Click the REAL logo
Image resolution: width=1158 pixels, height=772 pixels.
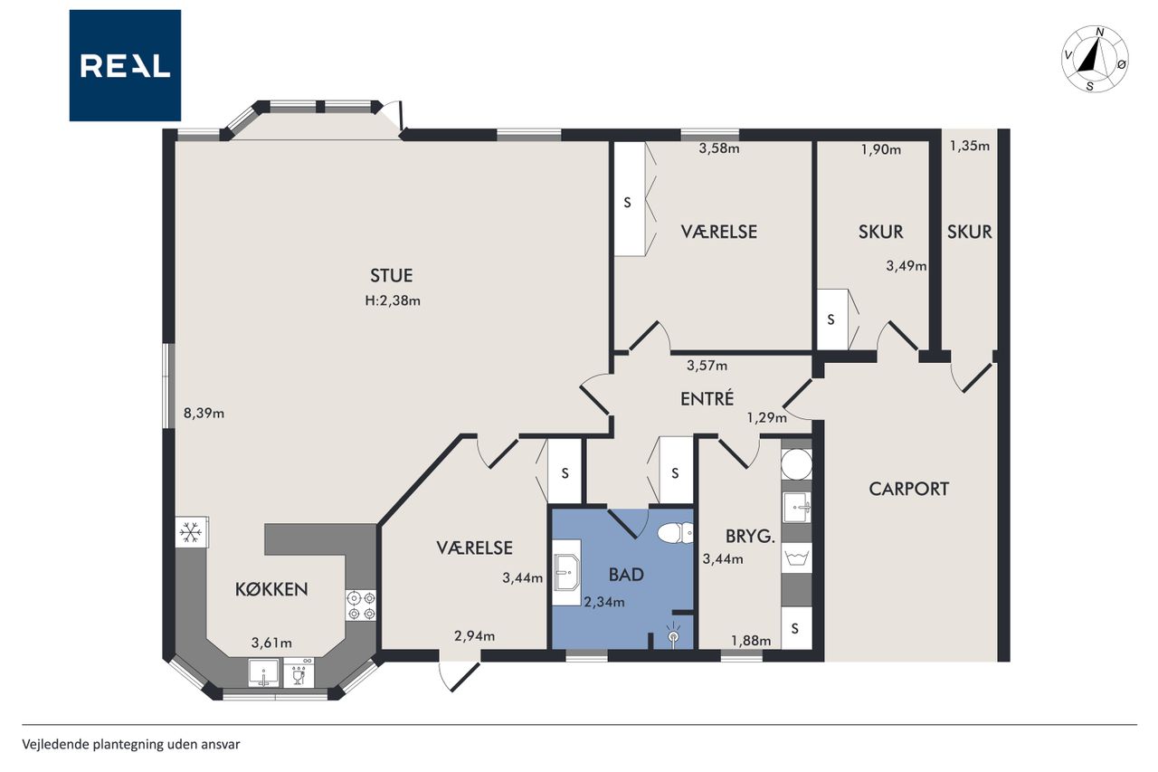(125, 66)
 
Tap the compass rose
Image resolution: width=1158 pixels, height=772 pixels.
(1095, 59)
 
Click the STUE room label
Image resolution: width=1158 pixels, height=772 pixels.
(392, 276)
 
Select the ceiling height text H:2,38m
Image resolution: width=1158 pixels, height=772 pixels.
(393, 300)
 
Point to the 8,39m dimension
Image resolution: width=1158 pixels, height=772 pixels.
(204, 413)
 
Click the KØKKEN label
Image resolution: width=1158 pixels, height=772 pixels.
(271, 589)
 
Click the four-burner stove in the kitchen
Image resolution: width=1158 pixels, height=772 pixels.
(361, 605)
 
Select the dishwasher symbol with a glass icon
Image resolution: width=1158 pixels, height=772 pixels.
(299, 672)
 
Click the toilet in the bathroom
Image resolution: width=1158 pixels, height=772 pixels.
(675, 532)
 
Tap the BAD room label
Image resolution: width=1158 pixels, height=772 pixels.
(626, 575)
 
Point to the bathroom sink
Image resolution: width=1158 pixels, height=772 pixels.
(567, 572)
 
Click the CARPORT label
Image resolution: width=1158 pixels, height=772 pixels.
(909, 489)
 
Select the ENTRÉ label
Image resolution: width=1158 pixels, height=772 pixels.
(707, 398)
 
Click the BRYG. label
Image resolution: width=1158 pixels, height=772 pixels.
(750, 536)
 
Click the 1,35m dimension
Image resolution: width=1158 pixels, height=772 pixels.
(970, 146)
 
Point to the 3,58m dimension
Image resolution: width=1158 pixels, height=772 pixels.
(719, 148)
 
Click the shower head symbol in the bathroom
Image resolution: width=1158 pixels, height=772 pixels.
(673, 635)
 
